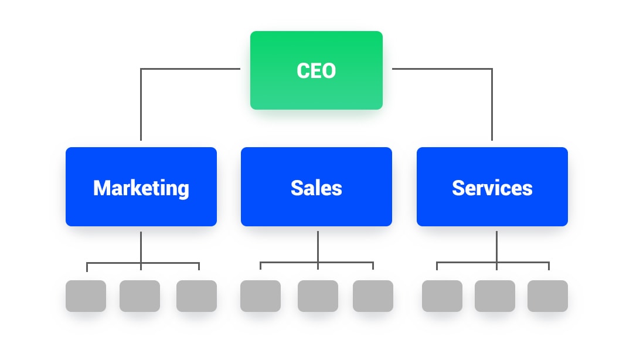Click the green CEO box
316,70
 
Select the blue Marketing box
141,186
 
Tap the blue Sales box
316,186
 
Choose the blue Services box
492,186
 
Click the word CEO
316,71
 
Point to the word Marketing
141,189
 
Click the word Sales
316,188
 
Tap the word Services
492,188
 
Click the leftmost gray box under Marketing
86,296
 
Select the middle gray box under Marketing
139,296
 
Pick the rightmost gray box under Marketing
196,296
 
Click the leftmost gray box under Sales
260,296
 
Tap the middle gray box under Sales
318,296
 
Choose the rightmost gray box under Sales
373,296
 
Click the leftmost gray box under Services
442,296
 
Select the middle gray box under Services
495,296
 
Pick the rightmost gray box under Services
548,296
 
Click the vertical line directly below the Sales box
318,250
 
